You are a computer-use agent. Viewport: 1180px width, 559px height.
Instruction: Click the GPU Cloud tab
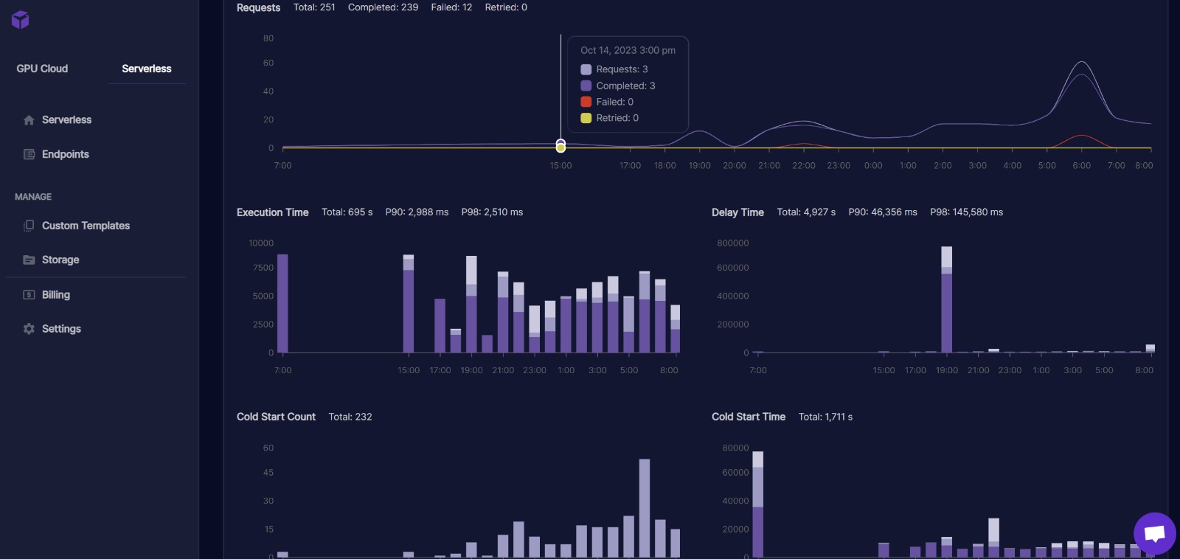point(42,69)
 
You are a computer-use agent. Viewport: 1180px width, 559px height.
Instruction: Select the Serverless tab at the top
point(146,69)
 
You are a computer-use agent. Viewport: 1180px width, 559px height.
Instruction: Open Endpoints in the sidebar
point(65,154)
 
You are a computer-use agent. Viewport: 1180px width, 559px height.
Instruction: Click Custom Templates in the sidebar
point(86,226)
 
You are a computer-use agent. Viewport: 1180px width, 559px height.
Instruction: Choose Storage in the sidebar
point(60,260)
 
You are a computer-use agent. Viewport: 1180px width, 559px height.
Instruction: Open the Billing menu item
point(55,295)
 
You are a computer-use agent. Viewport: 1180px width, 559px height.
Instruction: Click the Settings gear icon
point(29,329)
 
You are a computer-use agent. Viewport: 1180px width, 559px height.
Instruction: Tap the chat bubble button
point(1154,533)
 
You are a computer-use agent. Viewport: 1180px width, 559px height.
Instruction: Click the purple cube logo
point(21,20)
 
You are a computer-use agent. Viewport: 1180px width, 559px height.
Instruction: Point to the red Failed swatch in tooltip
point(586,102)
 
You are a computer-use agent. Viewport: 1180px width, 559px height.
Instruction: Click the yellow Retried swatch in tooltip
point(586,118)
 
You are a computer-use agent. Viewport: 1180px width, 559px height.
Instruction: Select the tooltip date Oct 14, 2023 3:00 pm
point(628,50)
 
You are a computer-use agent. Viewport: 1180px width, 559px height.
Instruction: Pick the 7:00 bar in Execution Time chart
point(282,304)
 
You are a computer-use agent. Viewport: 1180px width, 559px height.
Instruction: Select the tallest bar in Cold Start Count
point(645,507)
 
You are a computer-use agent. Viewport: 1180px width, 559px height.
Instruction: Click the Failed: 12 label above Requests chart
point(451,7)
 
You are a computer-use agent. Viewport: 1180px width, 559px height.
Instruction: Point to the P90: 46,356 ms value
point(883,212)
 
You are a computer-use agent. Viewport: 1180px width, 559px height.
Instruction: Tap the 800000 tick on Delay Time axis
point(732,243)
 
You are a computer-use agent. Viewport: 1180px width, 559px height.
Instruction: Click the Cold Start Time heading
point(748,417)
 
